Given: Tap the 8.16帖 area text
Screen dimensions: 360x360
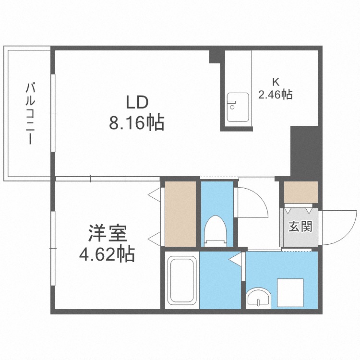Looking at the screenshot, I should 137,123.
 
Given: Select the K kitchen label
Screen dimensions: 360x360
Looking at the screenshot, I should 276,81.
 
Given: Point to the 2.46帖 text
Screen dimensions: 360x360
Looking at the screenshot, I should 276,95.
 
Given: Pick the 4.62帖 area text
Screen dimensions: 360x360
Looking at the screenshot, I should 107,253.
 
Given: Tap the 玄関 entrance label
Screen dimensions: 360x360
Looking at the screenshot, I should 300,226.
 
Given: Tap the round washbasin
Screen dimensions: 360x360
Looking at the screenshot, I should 259,299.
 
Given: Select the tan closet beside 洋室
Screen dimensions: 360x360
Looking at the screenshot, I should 180,213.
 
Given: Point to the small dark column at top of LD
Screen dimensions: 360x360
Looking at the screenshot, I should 214,57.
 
